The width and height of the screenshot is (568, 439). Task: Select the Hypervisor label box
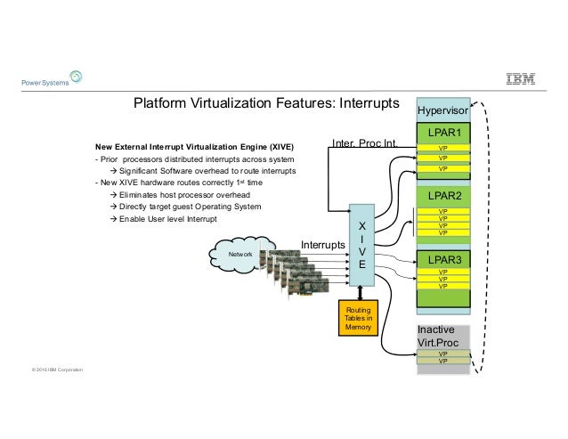point(442,110)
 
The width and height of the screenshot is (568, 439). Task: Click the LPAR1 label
point(442,133)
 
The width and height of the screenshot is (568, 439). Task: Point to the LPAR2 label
point(442,195)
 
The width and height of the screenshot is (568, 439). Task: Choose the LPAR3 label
point(442,260)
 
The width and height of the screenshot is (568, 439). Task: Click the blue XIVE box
point(361,240)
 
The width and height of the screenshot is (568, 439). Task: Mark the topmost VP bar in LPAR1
point(442,148)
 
